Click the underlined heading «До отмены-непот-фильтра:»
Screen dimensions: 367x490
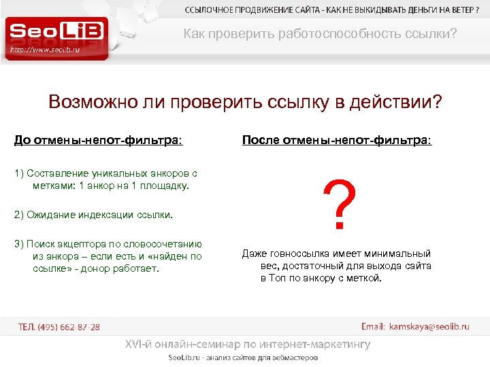coord(99,141)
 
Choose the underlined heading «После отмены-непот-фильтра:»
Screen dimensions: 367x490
coord(336,141)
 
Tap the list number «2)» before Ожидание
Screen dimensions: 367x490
coord(19,215)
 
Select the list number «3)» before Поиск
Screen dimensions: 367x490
coord(19,244)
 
